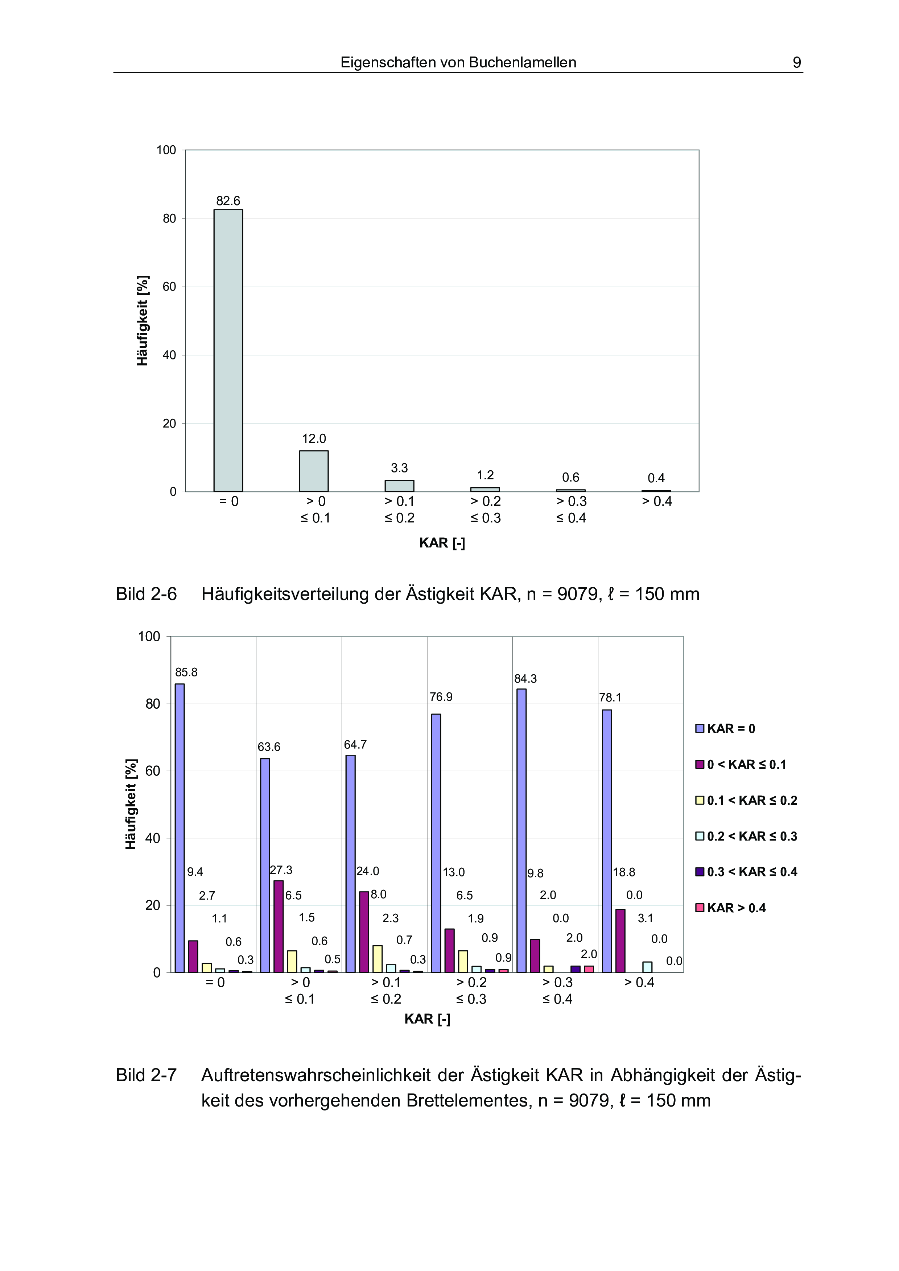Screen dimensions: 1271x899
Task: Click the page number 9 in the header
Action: (796, 62)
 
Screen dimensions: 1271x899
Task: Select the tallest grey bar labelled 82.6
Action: (228, 350)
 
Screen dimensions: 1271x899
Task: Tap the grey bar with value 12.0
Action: (314, 471)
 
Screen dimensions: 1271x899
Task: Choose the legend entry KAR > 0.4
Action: (731, 908)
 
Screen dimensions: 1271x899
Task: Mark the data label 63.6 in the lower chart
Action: (269, 747)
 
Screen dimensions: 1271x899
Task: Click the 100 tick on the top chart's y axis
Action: (166, 150)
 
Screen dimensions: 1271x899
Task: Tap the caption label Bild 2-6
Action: (146, 594)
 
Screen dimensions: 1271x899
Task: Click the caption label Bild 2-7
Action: (146, 1075)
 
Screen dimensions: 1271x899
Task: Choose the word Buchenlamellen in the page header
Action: (522, 62)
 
